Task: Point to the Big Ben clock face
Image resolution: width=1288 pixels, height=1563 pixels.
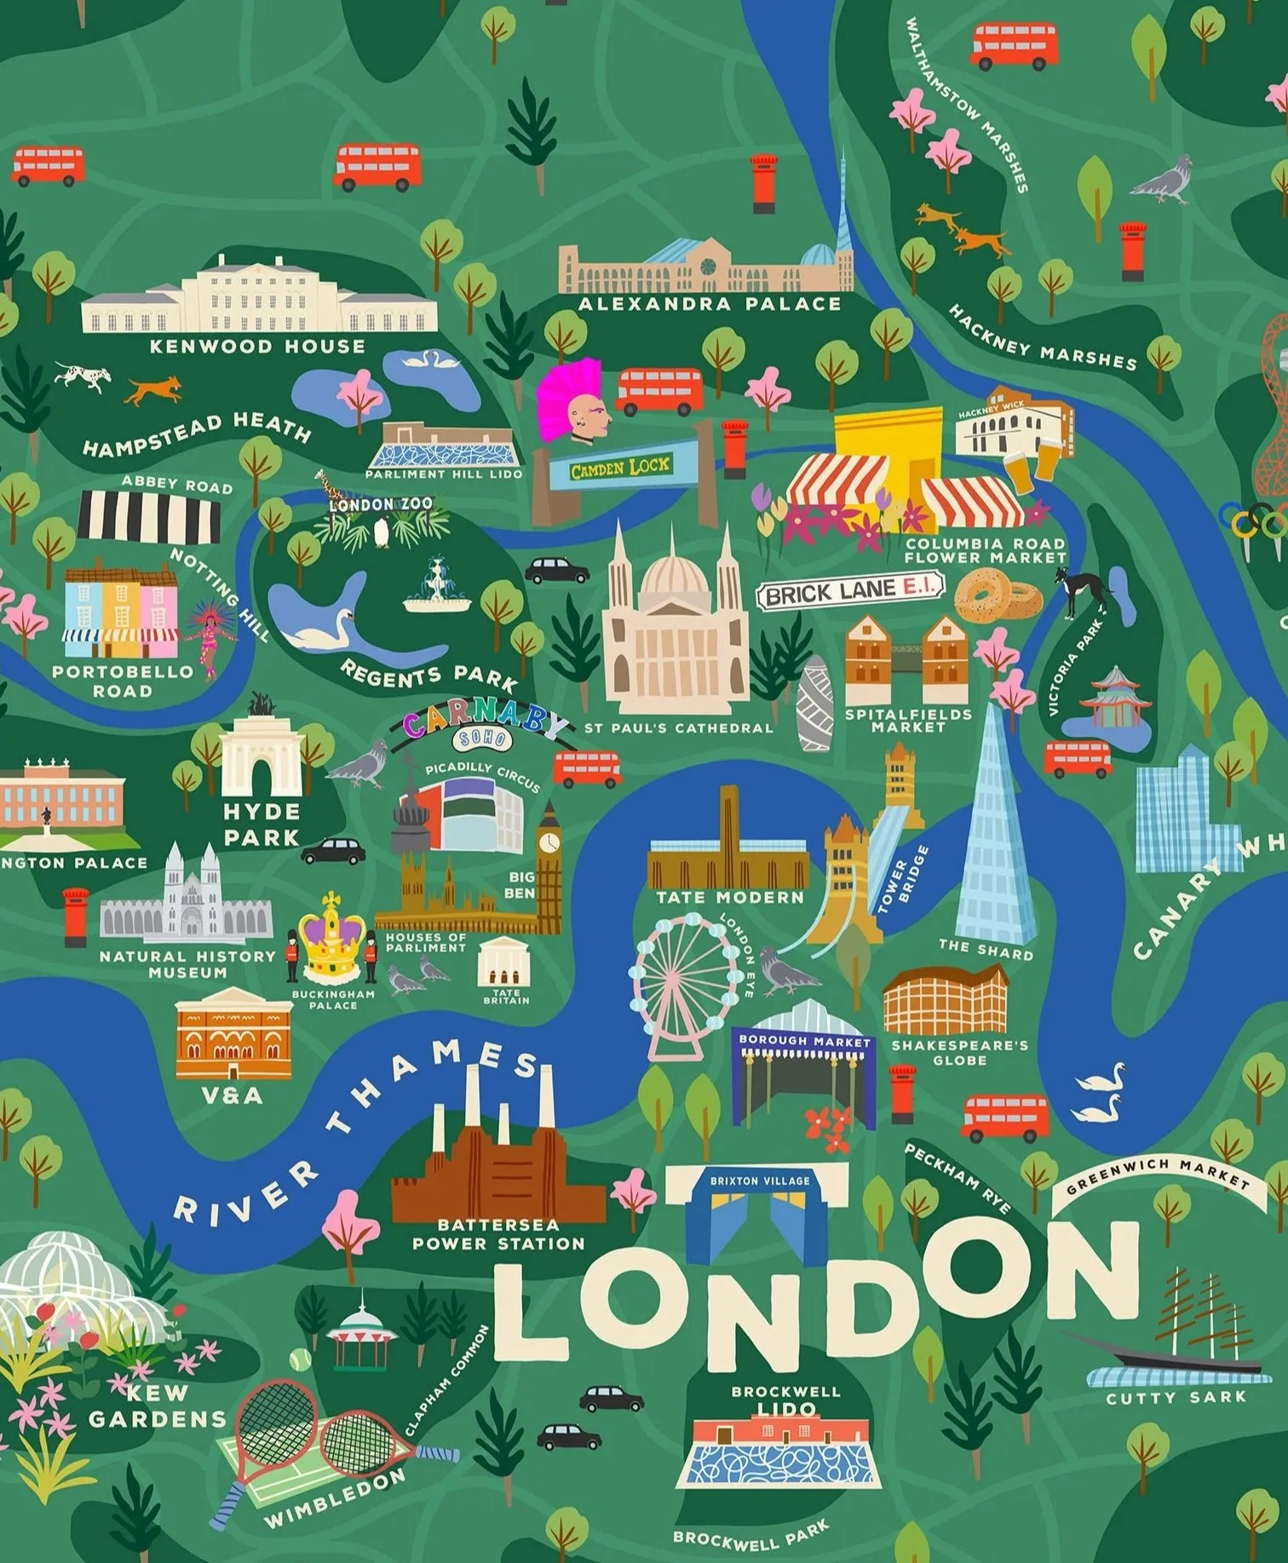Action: click(x=549, y=842)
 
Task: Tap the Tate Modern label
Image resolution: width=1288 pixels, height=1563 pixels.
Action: click(x=730, y=897)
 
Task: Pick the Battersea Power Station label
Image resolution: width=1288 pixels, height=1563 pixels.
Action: click(x=498, y=1234)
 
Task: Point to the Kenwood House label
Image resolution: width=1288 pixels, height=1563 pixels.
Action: click(x=257, y=347)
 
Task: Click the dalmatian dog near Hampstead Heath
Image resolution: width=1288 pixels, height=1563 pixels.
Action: click(x=83, y=375)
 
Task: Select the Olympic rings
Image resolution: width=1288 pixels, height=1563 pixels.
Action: click(x=1252, y=520)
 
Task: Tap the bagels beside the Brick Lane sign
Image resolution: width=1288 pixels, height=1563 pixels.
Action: click(x=998, y=595)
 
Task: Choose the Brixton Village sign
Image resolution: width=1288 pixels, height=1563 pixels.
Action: click(x=760, y=1181)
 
